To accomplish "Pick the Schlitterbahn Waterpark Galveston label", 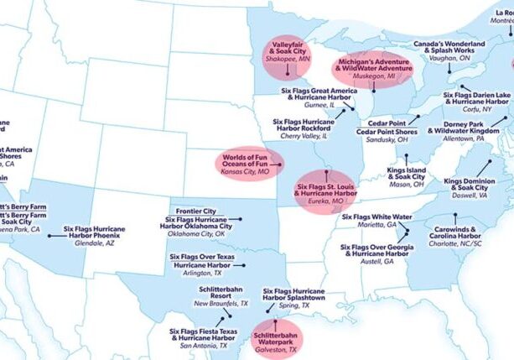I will [275, 339].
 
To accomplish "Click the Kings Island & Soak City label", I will [405, 175].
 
